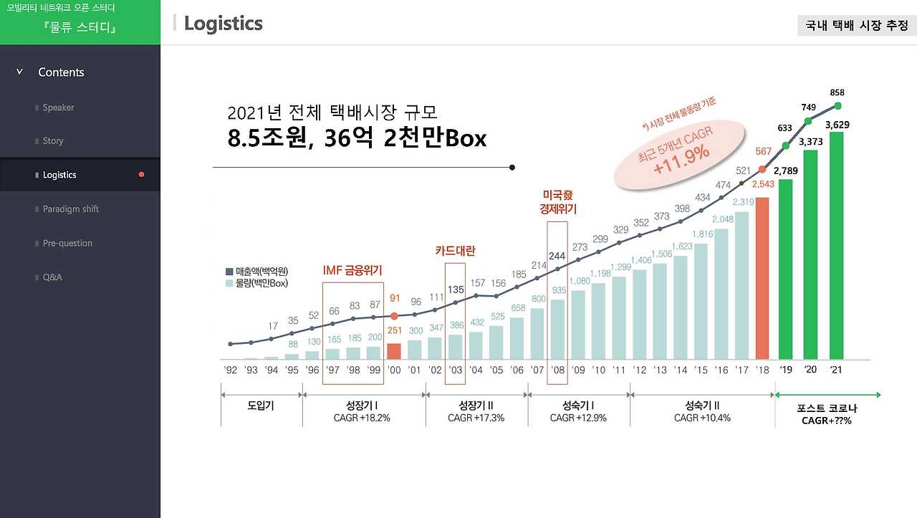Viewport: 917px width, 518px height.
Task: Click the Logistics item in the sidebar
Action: tap(59, 175)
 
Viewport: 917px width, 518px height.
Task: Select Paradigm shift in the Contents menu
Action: tap(70, 209)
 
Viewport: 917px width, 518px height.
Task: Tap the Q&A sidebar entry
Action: tap(52, 277)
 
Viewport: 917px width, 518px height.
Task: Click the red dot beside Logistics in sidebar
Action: tap(141, 175)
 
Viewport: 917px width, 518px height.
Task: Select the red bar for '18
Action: tap(762, 278)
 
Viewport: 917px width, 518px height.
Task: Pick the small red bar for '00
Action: tap(394, 351)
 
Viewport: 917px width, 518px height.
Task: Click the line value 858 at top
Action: tap(837, 93)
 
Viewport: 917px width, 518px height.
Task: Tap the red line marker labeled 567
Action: tap(762, 170)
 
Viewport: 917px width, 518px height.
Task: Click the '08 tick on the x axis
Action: tap(557, 370)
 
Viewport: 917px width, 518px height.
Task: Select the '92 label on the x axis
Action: tap(230, 370)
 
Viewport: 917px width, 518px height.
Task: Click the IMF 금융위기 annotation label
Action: tap(352, 270)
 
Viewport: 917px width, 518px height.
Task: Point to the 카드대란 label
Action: tap(455, 251)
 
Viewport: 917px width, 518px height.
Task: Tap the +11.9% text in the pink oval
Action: tap(681, 153)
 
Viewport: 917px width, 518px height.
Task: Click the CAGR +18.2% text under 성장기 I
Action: tap(362, 418)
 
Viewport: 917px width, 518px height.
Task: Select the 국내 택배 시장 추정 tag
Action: tap(856, 25)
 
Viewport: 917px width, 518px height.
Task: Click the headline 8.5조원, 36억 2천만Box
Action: tap(357, 138)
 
